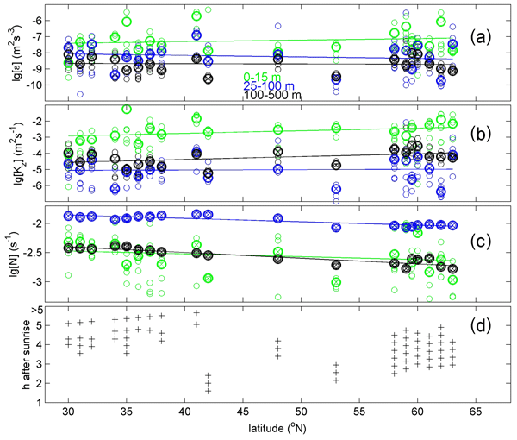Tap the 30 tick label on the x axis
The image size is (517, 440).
coord(69,412)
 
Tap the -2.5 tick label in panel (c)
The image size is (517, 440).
coord(34,253)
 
